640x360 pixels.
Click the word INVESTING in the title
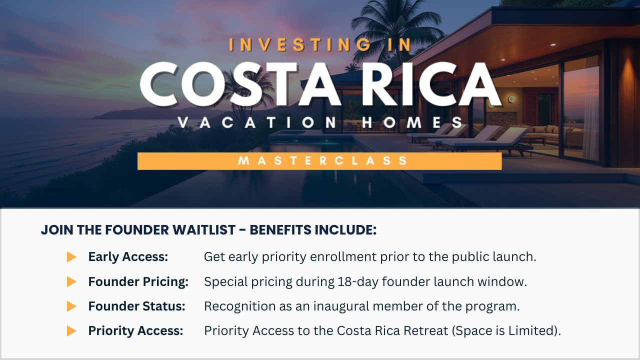tap(300, 45)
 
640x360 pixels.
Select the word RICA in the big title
tap(431, 84)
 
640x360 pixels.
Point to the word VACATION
tap(257, 122)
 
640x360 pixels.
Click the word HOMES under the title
tap(412, 122)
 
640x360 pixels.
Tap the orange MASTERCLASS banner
tap(319, 161)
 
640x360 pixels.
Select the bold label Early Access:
tap(128, 256)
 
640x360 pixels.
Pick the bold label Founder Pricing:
tap(138, 281)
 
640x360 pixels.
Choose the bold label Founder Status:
tap(136, 306)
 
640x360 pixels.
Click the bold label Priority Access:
tap(135, 331)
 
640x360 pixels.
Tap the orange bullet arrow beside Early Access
tap(71, 257)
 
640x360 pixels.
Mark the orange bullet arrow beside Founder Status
tap(71, 306)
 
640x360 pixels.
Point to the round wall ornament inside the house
tap(511, 99)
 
